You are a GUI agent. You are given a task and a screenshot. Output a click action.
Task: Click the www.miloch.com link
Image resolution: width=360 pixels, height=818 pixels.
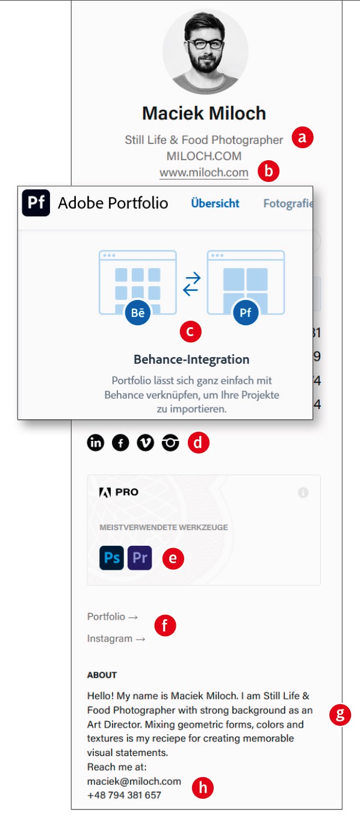pos(203,172)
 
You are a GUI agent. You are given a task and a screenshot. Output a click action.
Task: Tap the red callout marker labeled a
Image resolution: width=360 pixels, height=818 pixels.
pos(302,138)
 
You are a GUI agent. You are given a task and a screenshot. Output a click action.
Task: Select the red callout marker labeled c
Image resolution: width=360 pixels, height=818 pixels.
pos(190,331)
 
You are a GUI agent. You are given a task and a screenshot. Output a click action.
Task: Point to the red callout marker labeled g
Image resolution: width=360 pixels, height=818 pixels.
pos(340,714)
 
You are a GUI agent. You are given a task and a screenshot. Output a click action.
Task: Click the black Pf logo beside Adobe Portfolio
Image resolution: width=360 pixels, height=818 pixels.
pos(36,202)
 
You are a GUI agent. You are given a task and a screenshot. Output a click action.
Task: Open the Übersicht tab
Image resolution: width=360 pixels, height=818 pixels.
pos(215,204)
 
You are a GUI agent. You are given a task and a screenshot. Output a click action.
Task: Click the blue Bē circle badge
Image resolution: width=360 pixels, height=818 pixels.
pos(138,313)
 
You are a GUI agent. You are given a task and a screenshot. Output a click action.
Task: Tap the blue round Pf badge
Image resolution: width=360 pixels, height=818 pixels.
pos(246,313)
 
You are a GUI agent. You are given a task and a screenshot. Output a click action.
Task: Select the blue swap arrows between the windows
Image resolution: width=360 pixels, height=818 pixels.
pos(191,284)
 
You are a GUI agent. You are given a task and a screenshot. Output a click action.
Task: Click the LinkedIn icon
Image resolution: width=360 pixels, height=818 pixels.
pos(96,443)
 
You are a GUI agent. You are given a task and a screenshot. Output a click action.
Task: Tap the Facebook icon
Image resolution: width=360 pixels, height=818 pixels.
pos(120,443)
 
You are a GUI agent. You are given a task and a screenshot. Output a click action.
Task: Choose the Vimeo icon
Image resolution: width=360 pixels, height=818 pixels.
pos(145,443)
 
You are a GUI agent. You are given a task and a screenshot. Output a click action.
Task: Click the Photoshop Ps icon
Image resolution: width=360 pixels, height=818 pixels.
pos(112,558)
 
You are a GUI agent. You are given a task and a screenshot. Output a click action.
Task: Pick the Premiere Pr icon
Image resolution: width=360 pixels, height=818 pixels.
pos(140,558)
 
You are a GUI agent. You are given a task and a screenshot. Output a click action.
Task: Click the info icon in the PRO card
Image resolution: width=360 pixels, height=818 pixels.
pos(303,493)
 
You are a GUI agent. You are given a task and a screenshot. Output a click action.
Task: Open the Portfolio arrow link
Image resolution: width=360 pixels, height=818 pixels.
pos(113,617)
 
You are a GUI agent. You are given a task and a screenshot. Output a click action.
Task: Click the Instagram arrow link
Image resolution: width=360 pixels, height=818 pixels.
pos(116,638)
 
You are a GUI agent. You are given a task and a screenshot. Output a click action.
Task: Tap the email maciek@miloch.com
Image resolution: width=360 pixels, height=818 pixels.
pos(134,781)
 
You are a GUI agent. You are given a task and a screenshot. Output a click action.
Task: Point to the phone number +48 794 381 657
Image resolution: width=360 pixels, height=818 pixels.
pos(124,795)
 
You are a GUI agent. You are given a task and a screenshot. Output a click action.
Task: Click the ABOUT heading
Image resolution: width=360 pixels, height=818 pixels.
pos(102,675)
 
